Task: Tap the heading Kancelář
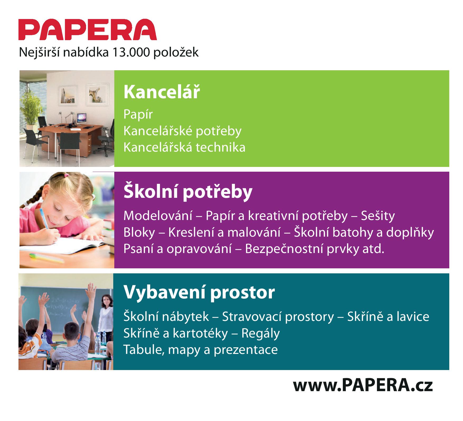coord(162,92)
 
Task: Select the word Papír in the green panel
coord(138,114)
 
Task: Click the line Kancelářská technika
coord(184,147)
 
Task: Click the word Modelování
coord(158,216)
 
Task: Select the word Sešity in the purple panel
coord(378,216)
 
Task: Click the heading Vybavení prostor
coord(199,292)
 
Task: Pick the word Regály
coord(260,333)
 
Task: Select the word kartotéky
coord(200,333)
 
